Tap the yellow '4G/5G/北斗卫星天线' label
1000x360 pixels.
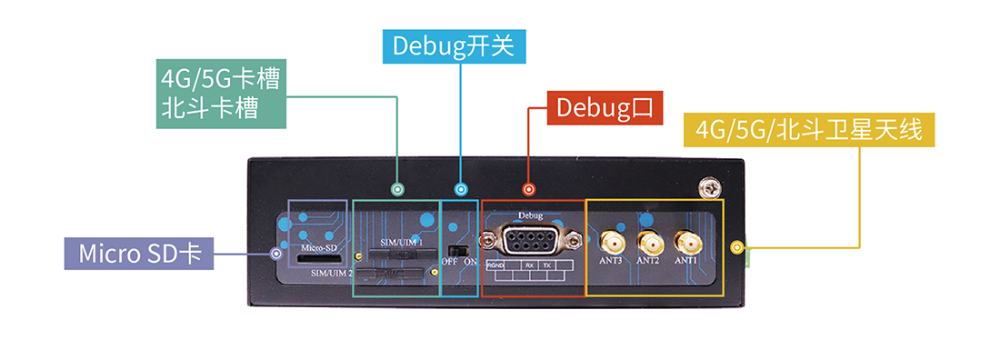coord(809,130)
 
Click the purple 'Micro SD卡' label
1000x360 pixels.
coord(139,254)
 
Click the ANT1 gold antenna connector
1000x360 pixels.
coord(685,243)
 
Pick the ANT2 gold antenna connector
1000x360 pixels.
coord(648,243)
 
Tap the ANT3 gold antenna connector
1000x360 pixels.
coord(611,243)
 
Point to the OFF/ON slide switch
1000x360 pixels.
coord(460,249)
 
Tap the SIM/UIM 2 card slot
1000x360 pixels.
coord(391,275)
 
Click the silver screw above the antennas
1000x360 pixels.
coord(708,187)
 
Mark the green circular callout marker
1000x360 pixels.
coord(396,189)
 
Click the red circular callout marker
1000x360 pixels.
coord(528,189)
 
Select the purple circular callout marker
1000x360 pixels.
coord(276,254)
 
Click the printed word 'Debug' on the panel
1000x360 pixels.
coord(529,216)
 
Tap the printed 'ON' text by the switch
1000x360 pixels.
coord(471,262)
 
